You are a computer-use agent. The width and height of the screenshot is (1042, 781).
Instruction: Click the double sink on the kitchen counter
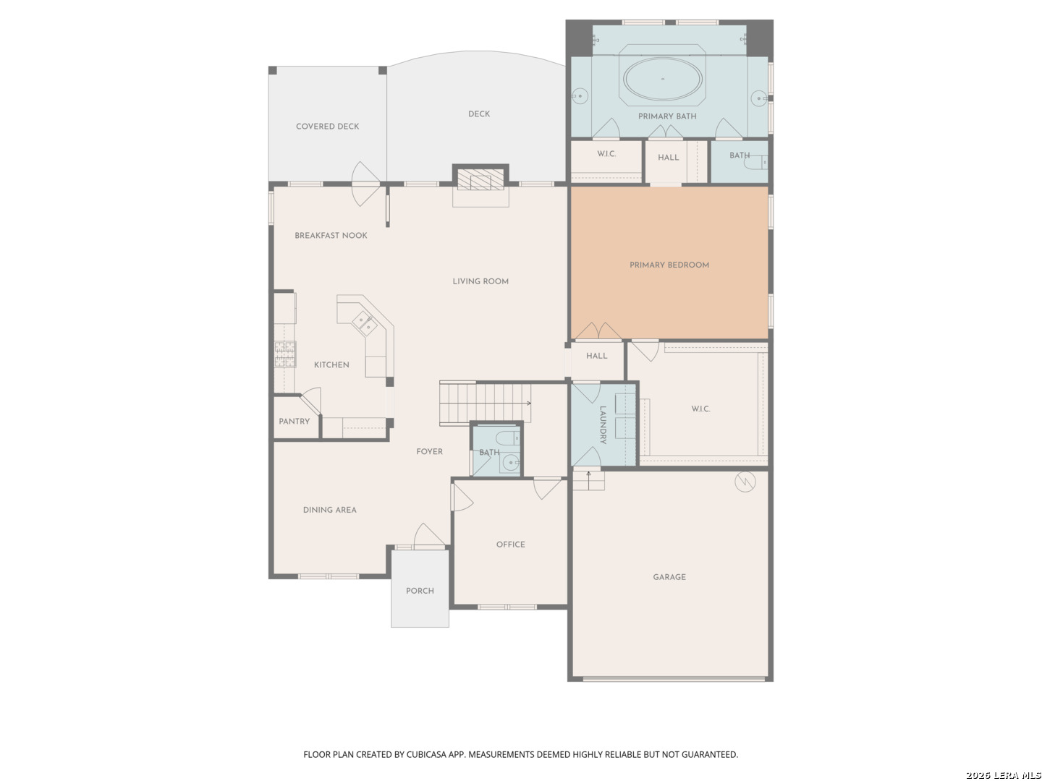click(x=365, y=324)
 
